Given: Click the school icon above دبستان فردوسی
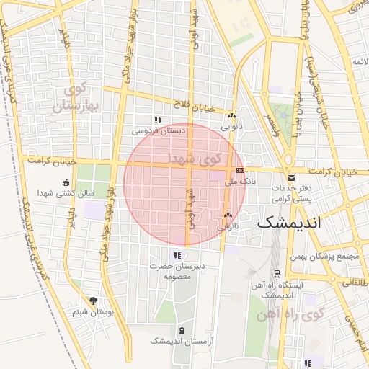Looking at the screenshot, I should (x=157, y=120).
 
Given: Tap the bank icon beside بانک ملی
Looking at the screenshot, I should (x=240, y=169).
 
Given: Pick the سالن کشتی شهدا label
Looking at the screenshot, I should (x=66, y=193).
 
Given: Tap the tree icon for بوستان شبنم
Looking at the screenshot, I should (x=92, y=301).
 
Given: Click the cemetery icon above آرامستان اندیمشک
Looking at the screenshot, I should (x=180, y=329).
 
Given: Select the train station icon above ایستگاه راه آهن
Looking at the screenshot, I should (x=277, y=274).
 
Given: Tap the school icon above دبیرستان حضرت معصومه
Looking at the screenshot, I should (x=177, y=255).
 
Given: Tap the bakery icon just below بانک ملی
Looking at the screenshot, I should (x=228, y=215).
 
